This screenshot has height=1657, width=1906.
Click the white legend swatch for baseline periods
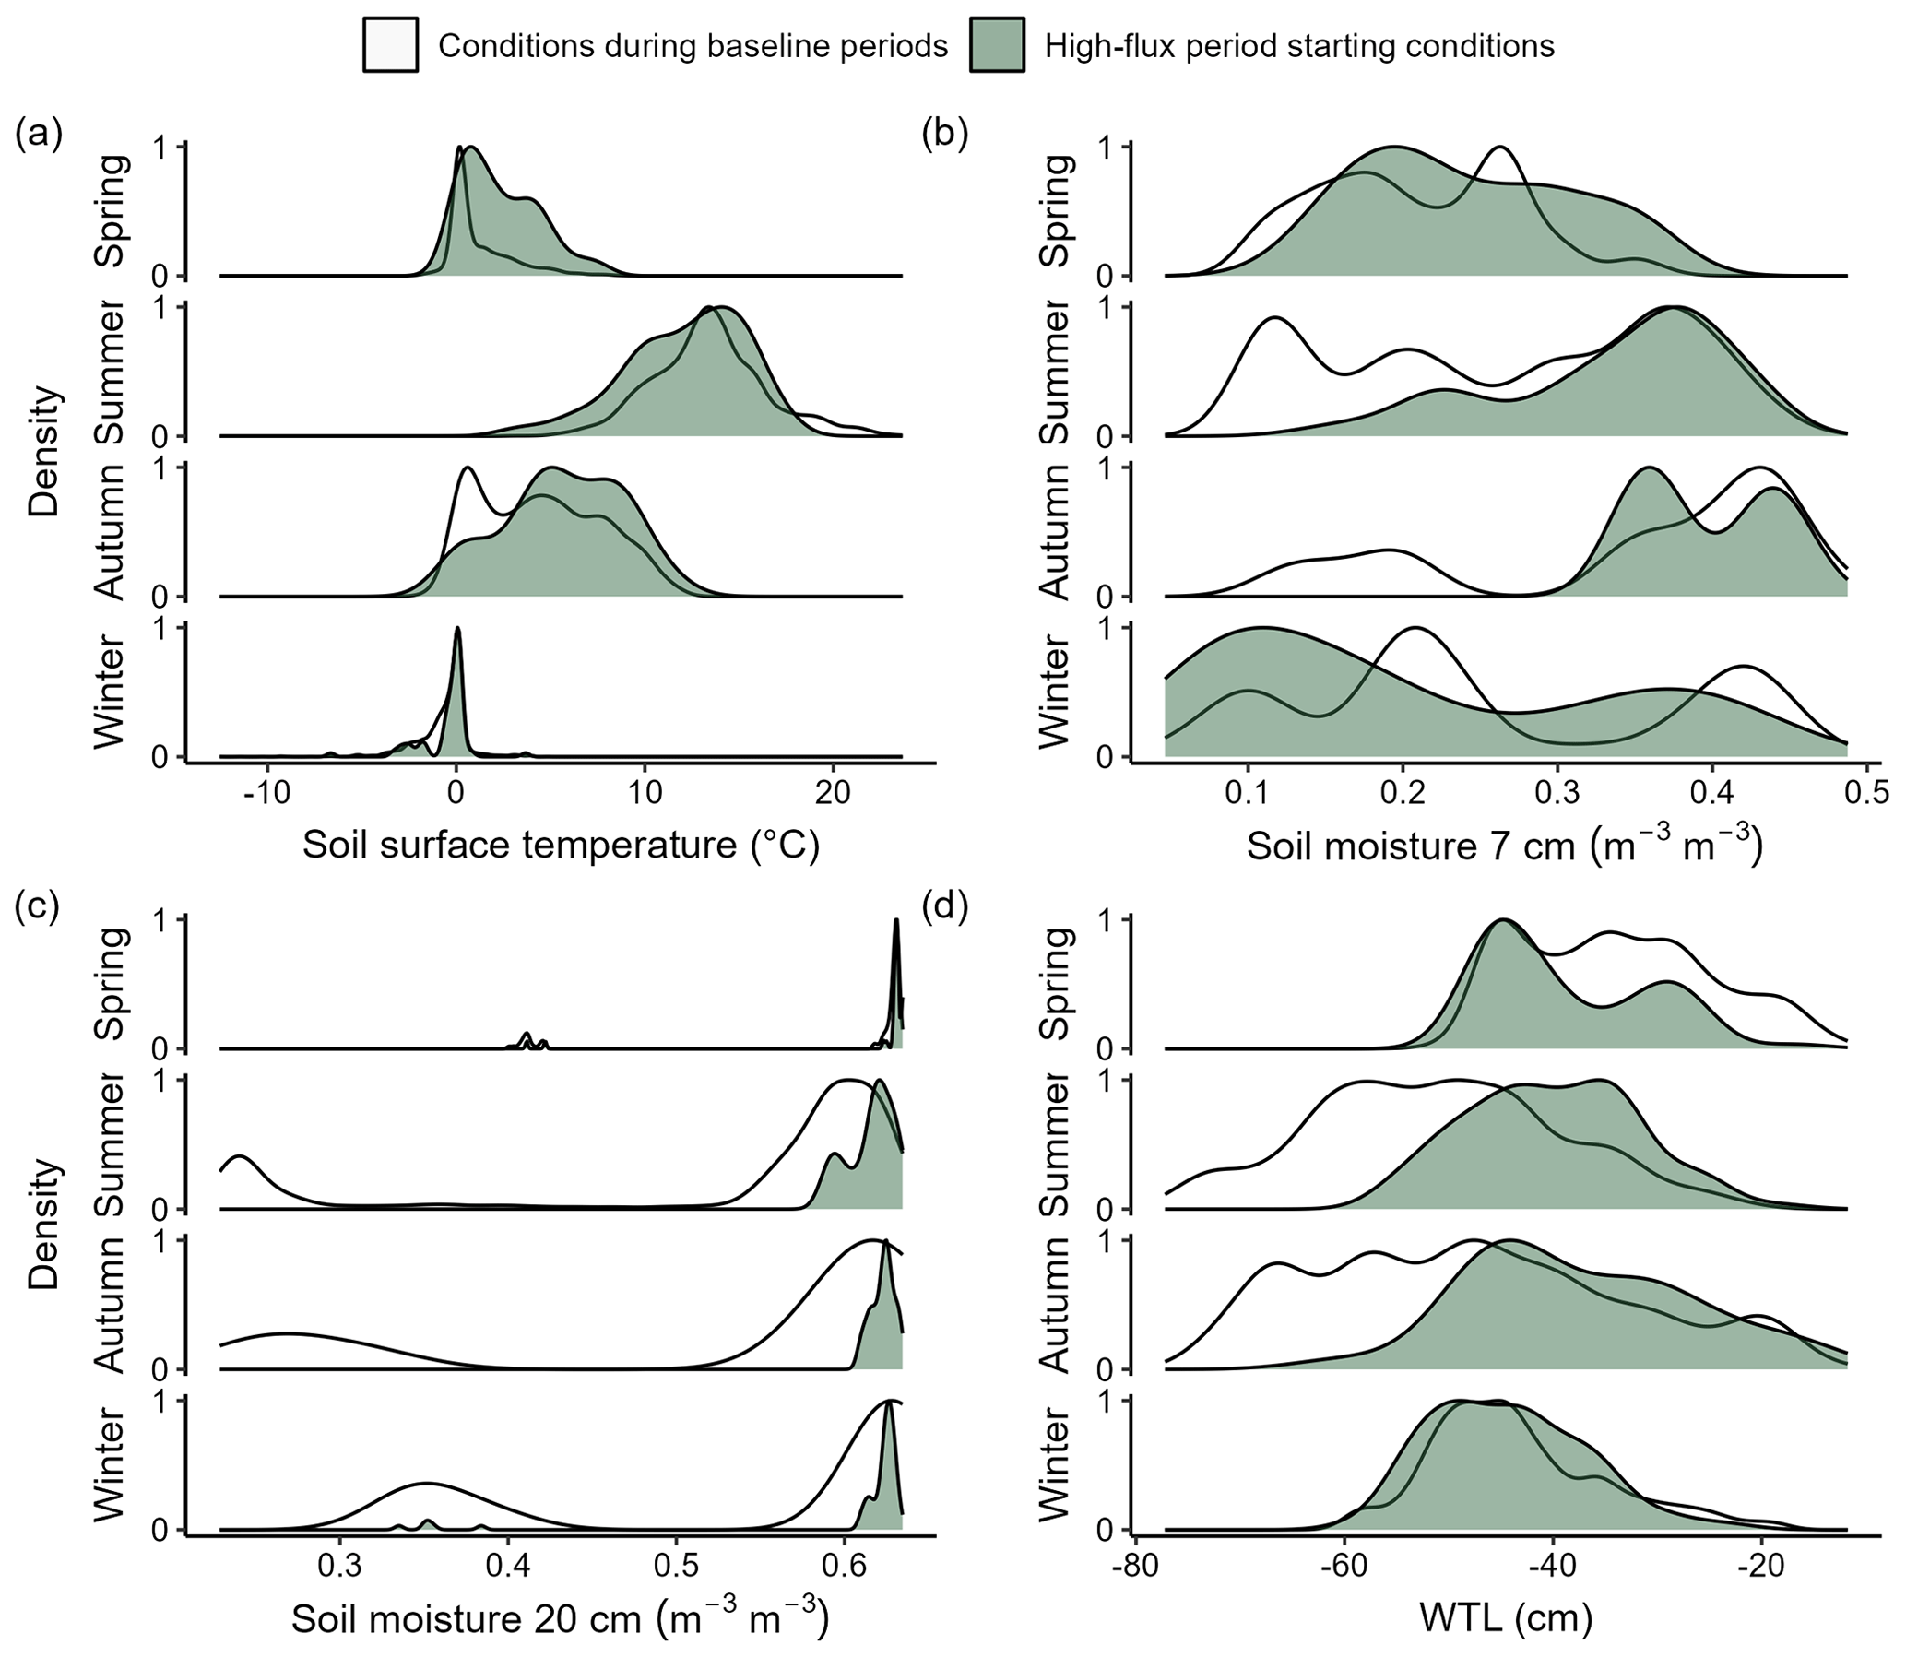click(x=390, y=45)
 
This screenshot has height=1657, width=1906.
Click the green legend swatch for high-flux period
click(x=997, y=45)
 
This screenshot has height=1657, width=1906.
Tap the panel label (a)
click(x=39, y=135)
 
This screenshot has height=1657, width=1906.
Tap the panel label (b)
click(x=945, y=135)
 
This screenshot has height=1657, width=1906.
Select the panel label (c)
click(x=39, y=908)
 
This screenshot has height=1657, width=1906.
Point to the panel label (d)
click(x=945, y=908)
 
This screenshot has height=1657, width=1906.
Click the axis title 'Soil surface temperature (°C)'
click(x=562, y=846)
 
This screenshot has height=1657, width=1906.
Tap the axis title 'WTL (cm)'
click(x=1506, y=1618)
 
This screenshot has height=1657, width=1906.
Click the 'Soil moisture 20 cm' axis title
click(x=560, y=1618)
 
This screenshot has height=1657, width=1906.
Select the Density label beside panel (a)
click(x=44, y=452)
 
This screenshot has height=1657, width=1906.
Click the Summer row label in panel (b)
click(x=1055, y=371)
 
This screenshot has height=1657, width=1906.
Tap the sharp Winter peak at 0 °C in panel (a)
click(x=457, y=631)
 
